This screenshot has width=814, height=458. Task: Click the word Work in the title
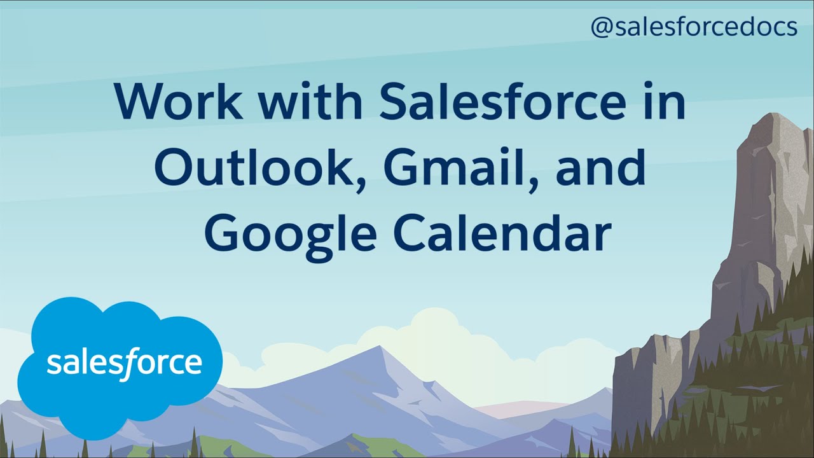pos(179,101)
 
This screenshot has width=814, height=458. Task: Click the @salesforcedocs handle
pos(694,27)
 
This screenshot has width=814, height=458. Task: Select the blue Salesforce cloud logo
pos(120,367)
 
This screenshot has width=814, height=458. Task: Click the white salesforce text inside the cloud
pos(124,363)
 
